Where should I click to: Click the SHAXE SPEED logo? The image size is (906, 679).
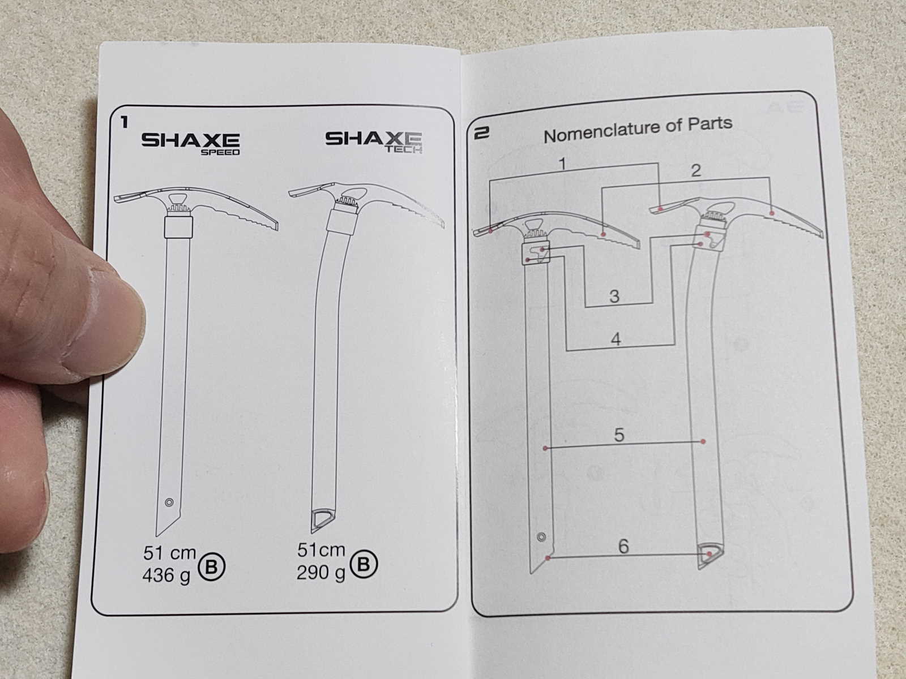pos(191,143)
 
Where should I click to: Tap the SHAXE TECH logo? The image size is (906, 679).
pos(374,142)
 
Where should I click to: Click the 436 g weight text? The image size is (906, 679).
pos(167,575)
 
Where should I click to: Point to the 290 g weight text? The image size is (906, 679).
pos(320,573)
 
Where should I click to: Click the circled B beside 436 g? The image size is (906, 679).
pos(212,567)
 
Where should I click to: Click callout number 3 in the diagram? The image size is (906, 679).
pos(614,296)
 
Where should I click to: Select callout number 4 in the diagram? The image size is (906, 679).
pos(616,339)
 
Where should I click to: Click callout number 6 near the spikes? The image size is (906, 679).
pos(623,546)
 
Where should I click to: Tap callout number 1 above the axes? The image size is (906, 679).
pos(562,164)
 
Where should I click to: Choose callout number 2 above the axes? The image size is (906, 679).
pos(696,170)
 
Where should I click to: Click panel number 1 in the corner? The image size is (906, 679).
pos(124,122)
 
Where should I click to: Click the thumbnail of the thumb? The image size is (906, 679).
pos(122,308)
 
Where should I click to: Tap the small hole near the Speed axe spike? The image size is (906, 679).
pos(169,502)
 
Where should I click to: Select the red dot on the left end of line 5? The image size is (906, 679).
pos(545,448)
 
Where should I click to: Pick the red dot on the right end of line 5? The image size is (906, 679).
pos(703,441)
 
